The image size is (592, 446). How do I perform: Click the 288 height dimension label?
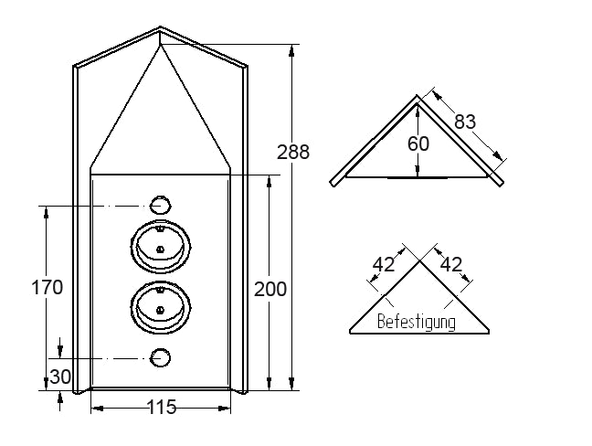tap(293, 152)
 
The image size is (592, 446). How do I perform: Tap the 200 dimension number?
tap(270, 290)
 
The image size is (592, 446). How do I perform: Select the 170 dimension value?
tap(47, 287)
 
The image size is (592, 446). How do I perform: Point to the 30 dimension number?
tap(60, 377)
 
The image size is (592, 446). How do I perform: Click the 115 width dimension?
tap(161, 407)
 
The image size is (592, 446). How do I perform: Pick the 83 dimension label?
tap(465, 122)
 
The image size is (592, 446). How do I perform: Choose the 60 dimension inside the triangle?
tap(418, 143)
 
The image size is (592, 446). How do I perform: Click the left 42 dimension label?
tap(384, 264)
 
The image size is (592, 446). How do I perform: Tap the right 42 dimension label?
tap(451, 264)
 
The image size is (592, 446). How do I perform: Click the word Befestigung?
tap(416, 322)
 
